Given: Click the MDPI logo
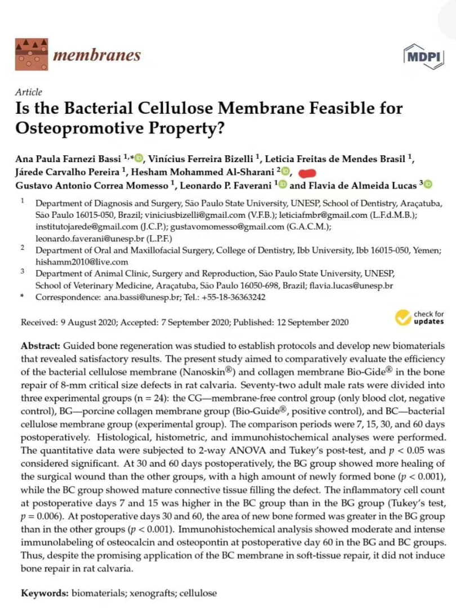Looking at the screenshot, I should (423, 56).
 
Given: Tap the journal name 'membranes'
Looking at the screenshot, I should (96, 55).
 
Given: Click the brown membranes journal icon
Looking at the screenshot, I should (31, 54).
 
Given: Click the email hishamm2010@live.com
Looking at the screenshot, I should (82, 262).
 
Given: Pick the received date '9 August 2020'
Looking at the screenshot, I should (86, 323).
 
